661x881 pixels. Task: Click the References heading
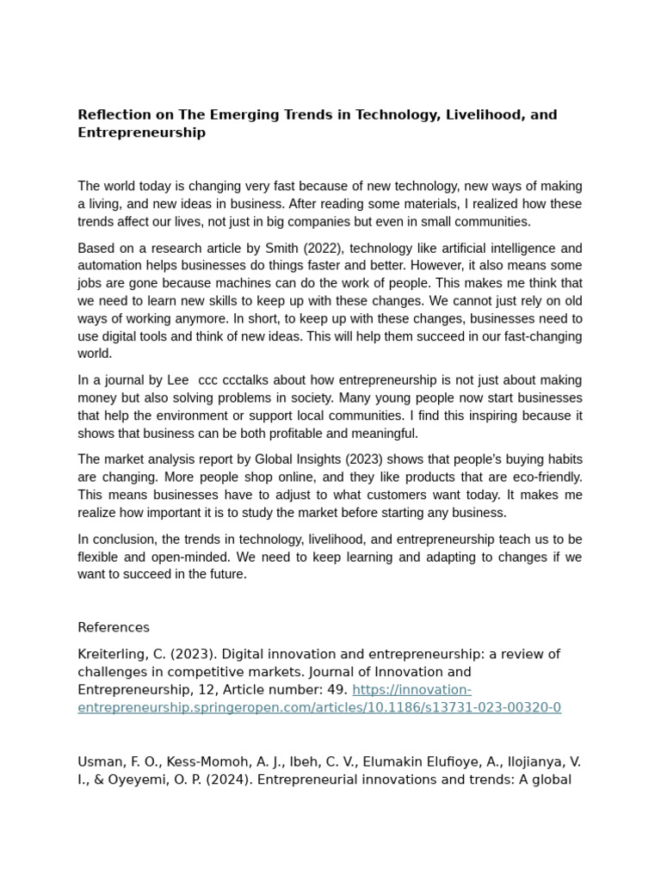coord(114,627)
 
